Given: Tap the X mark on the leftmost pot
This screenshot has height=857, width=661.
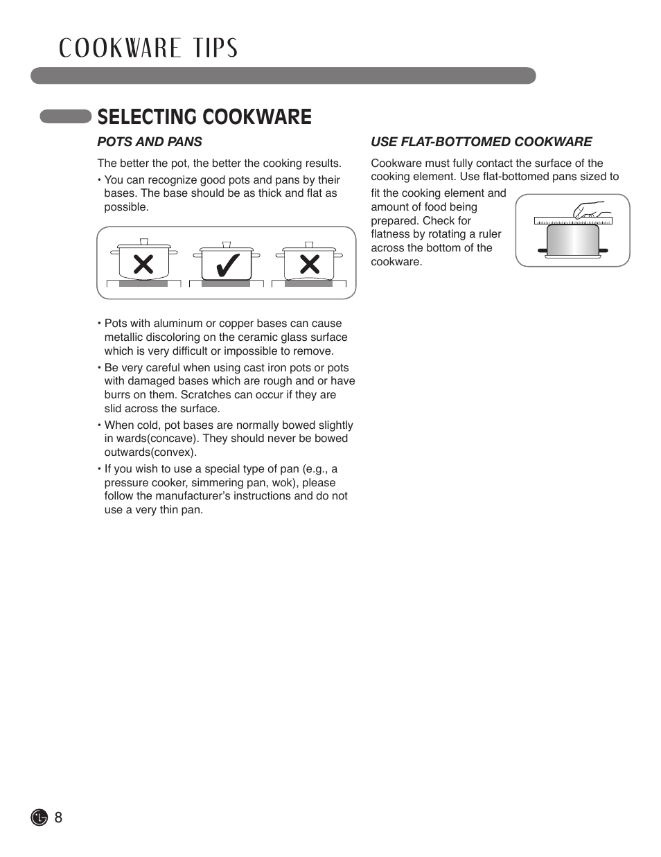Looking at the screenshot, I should click(x=143, y=264).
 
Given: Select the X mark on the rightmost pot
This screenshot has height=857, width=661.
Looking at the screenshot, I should click(x=310, y=264).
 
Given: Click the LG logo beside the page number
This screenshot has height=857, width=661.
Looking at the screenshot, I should click(x=39, y=818).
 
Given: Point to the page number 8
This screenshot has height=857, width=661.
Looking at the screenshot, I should click(x=58, y=818).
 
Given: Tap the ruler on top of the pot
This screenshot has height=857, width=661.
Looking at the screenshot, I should click(x=574, y=221).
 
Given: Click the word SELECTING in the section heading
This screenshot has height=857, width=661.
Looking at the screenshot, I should click(x=147, y=117).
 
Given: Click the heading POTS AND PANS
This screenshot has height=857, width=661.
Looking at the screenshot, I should click(x=150, y=142).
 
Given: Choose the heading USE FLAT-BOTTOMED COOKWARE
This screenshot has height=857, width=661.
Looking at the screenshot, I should click(x=481, y=142).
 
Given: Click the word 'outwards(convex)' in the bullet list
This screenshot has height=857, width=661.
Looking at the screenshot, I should click(x=150, y=452).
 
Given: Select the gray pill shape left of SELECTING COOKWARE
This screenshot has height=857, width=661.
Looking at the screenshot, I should click(x=66, y=116).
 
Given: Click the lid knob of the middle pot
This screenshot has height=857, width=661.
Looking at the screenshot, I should click(x=227, y=245).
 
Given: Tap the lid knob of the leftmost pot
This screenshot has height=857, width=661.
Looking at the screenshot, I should click(x=144, y=242).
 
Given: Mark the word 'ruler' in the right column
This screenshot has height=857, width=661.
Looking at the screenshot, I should click(x=489, y=234).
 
